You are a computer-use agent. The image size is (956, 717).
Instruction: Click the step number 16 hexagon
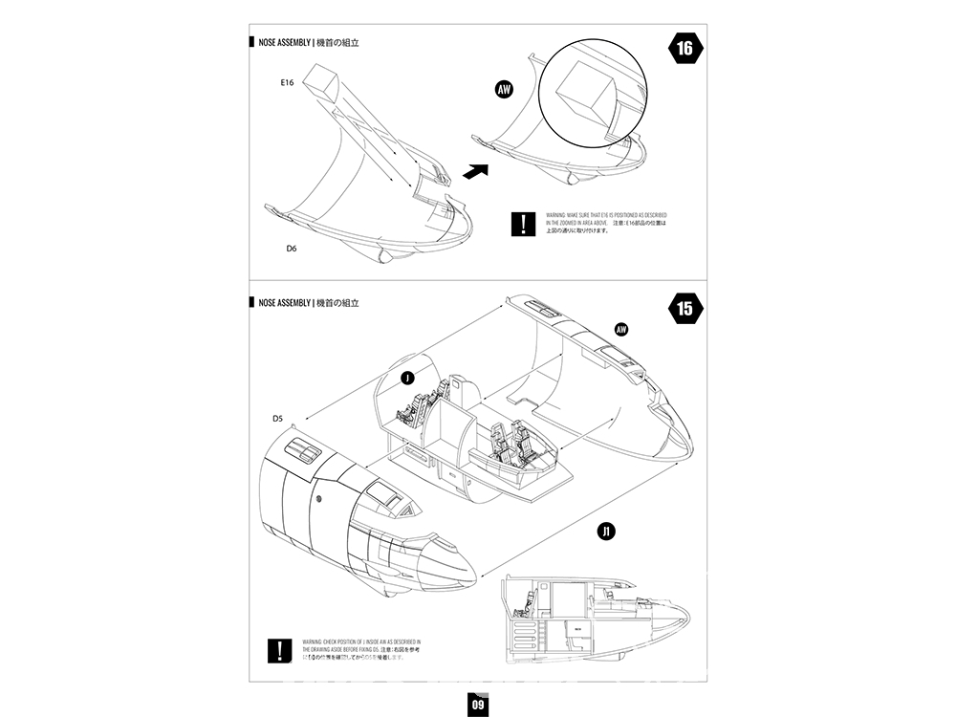[684, 49]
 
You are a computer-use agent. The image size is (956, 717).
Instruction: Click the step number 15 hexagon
[684, 309]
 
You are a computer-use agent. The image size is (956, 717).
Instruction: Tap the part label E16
[288, 83]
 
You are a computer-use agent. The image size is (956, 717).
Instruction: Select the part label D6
[292, 249]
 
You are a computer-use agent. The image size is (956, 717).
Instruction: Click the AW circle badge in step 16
[506, 90]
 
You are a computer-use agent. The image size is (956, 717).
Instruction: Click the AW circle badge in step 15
[621, 330]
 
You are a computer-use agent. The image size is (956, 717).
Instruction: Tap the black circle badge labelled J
[408, 379]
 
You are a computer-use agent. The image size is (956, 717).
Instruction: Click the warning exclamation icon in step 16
[523, 225]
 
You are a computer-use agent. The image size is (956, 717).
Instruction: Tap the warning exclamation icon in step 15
[278, 651]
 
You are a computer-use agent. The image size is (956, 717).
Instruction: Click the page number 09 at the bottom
[478, 705]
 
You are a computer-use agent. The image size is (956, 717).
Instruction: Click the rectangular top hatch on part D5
[303, 449]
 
